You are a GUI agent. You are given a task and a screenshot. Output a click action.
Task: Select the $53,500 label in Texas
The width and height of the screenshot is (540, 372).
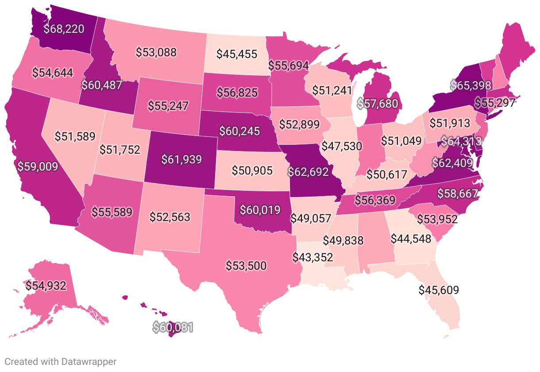246,266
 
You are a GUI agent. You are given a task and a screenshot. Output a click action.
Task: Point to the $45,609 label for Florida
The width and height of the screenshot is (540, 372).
439,291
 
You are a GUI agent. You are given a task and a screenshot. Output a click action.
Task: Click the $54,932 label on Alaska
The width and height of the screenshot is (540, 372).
46,286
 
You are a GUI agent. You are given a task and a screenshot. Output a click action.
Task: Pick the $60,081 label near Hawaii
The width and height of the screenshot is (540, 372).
173,327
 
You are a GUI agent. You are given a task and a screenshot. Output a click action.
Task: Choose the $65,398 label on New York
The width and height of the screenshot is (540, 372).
471,85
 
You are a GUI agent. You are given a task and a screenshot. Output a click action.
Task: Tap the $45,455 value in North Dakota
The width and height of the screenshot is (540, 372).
237,54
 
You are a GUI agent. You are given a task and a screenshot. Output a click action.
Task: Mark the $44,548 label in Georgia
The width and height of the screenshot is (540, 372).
411,239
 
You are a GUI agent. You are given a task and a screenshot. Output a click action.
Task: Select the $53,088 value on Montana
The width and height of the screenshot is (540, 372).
156,52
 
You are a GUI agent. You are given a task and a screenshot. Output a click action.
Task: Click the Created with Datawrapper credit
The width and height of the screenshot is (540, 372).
60,361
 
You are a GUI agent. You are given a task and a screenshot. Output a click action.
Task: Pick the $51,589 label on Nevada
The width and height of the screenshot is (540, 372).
75,136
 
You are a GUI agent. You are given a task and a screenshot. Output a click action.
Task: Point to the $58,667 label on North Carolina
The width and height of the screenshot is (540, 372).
458,193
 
